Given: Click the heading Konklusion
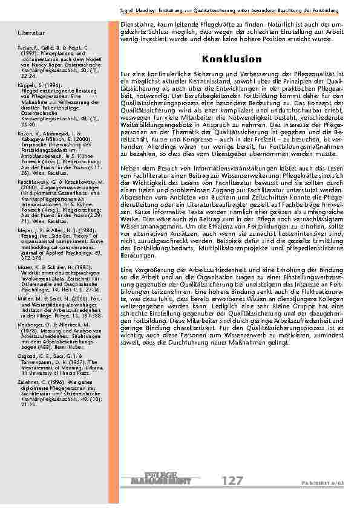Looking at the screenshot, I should [x=223, y=59].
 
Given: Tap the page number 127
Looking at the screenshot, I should [x=233, y=481].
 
